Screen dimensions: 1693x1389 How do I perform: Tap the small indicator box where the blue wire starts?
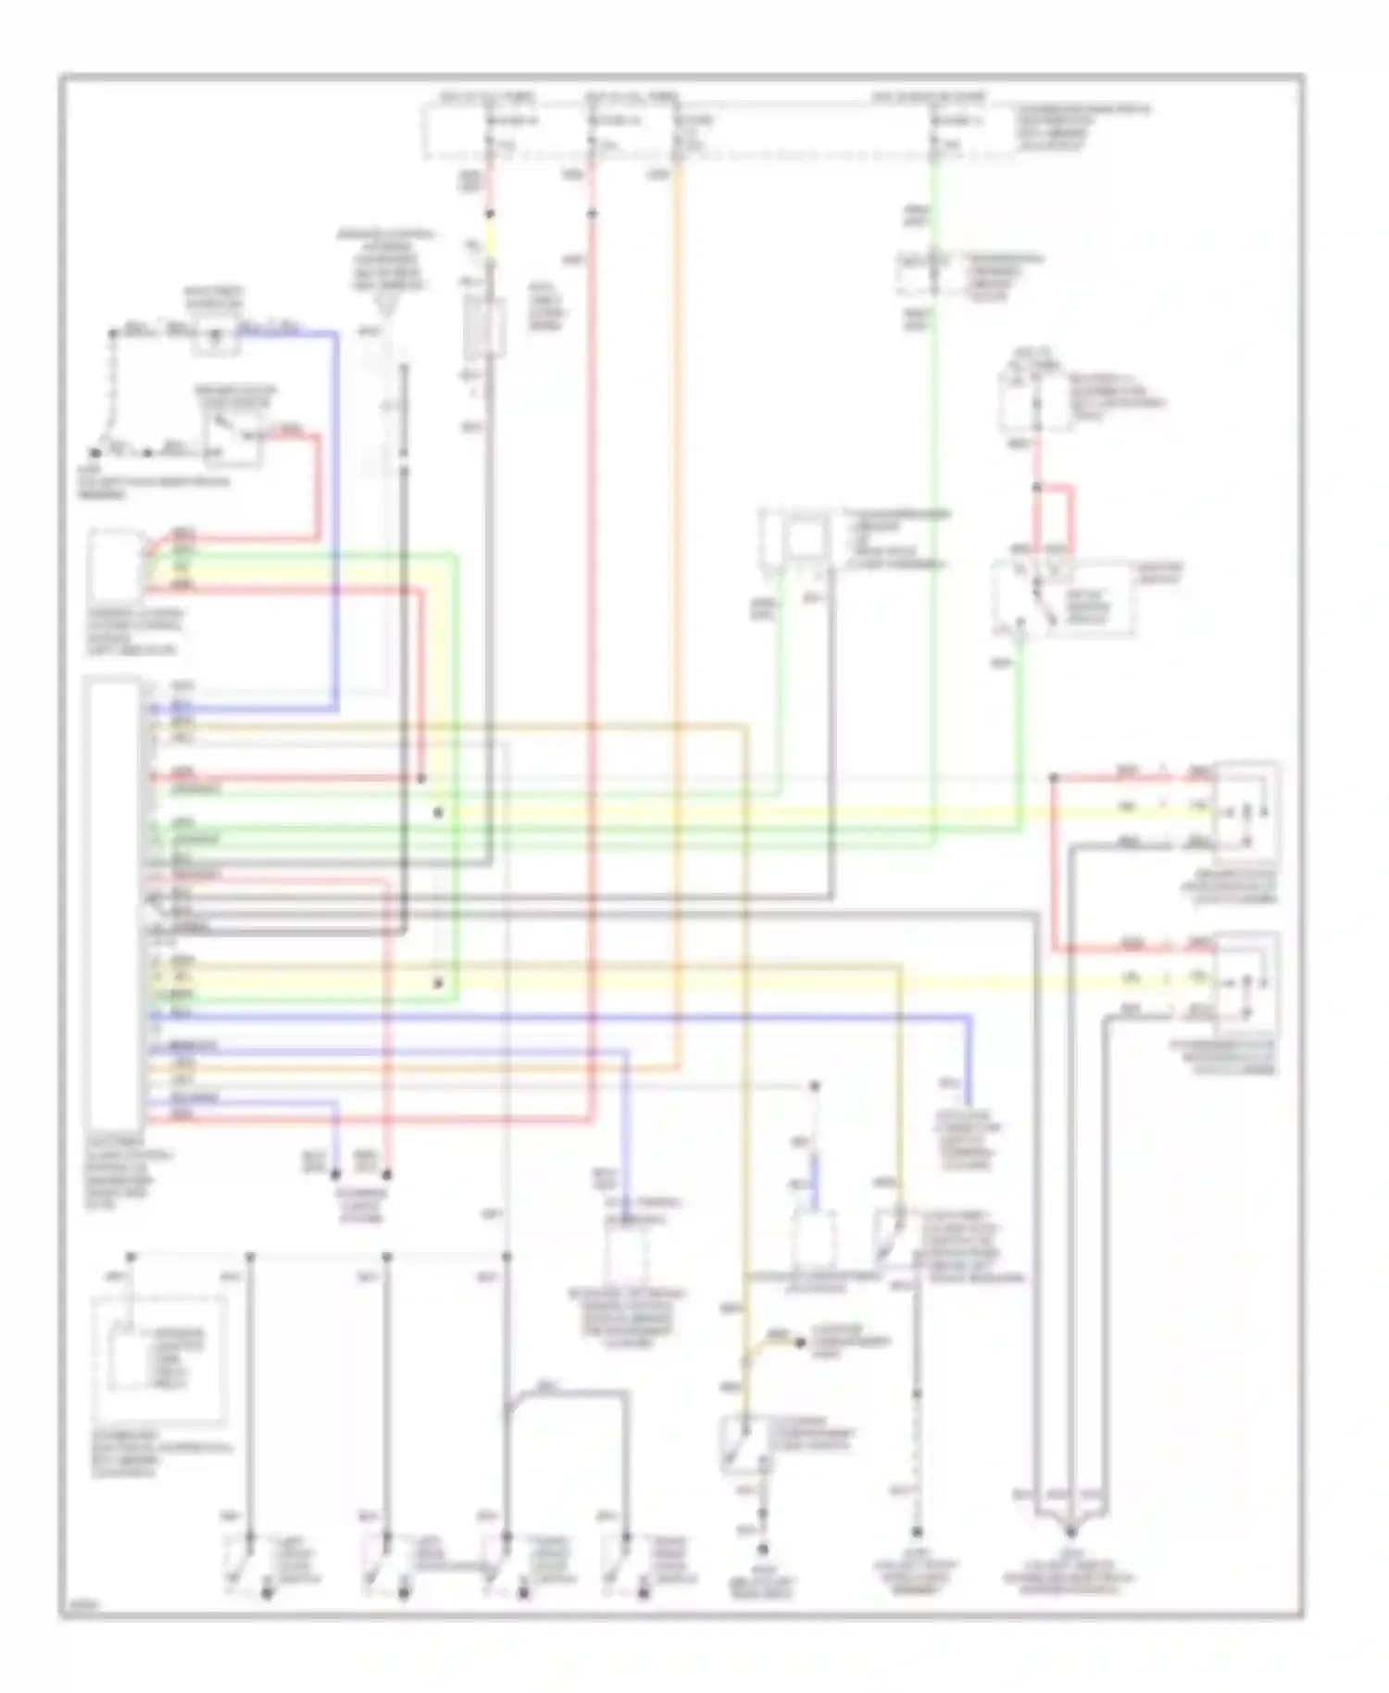[x=215, y=337]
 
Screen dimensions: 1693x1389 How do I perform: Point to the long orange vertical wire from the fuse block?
[x=679, y=556]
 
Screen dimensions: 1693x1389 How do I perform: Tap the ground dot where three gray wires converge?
[x=1071, y=1531]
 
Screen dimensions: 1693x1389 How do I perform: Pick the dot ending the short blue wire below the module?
[x=335, y=1174]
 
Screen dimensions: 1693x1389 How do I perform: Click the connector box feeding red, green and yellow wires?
[x=116, y=565]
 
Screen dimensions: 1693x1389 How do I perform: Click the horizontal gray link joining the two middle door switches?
[x=444, y=1565]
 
